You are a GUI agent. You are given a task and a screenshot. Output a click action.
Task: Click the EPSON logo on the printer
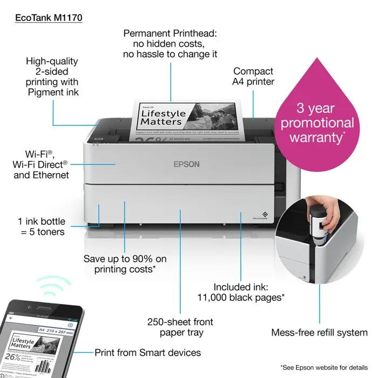[x=186, y=164]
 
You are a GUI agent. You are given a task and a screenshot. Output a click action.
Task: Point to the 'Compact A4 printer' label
[x=253, y=76]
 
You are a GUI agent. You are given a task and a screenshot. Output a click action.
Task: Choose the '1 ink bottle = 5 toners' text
[x=41, y=227]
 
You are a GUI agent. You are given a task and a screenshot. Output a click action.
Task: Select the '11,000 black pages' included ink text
[x=249, y=292]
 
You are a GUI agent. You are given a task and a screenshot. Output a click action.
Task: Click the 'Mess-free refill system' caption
[x=319, y=332]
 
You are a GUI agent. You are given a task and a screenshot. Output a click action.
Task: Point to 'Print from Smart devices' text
[x=147, y=353]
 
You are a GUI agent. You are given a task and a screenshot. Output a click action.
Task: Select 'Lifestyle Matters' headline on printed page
[x=162, y=117]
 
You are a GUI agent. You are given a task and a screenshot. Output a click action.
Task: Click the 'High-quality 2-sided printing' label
[x=52, y=77]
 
